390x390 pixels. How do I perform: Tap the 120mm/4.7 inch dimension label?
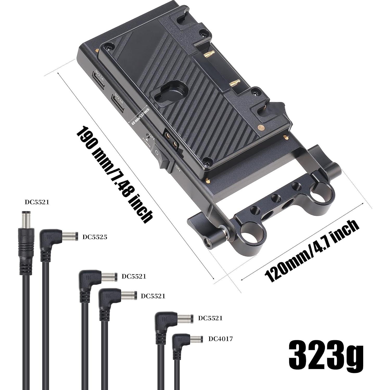coord(312,251)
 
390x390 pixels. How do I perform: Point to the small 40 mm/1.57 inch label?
coord(140,117)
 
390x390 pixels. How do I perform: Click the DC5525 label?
coord(95,237)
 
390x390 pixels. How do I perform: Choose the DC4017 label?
coord(220,338)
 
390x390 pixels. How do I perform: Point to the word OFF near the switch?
coord(152,137)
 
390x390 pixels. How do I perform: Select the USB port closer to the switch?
coord(117,100)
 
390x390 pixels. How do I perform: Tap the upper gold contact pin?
coord(207,54)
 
